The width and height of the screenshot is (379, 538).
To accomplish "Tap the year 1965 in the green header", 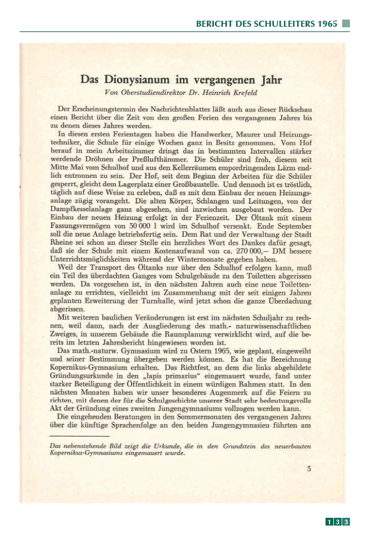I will pos(327,24).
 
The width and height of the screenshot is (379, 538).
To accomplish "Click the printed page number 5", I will pos(308,469).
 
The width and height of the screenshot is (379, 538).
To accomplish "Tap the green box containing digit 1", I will pos(329,521).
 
